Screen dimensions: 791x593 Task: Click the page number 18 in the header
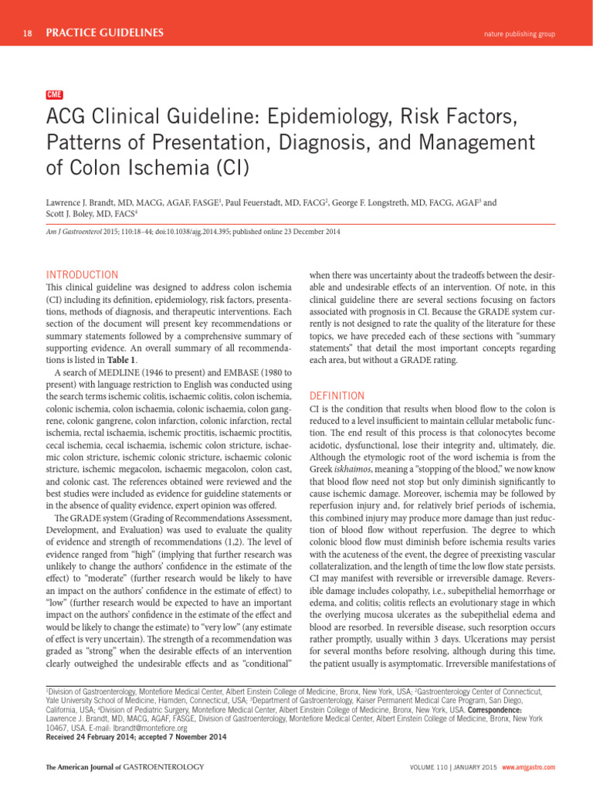28,33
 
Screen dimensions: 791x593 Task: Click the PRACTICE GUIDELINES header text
104,33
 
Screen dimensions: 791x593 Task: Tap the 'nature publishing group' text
519,34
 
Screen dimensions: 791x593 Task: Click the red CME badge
55,94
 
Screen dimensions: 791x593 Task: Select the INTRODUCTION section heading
82,274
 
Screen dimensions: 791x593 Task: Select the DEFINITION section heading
337,395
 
